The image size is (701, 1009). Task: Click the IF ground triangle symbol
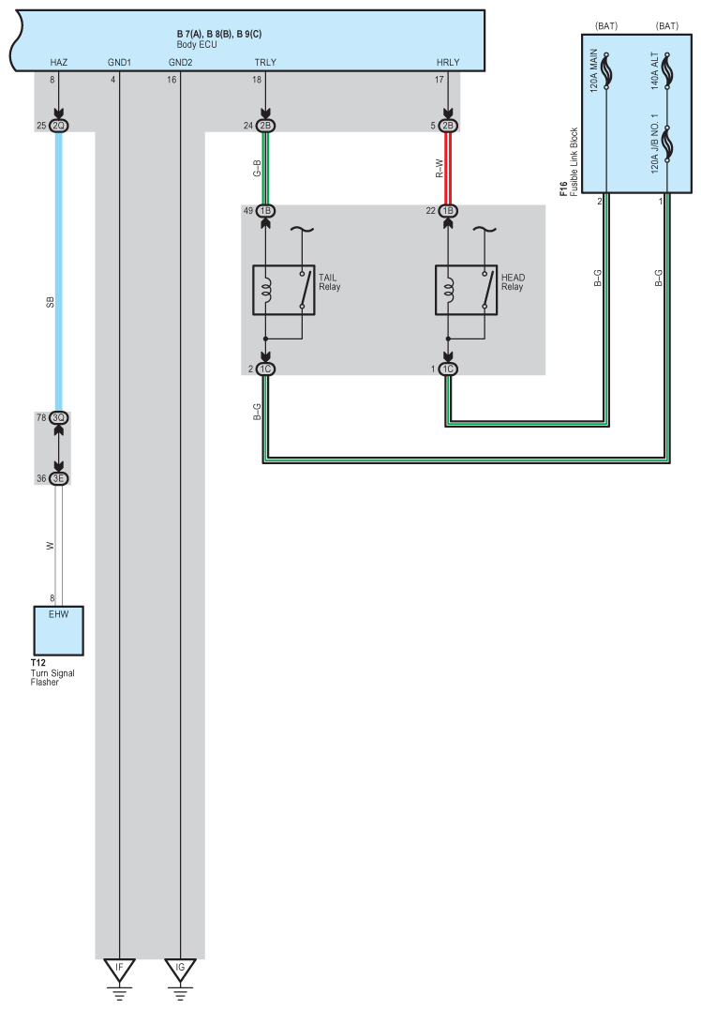[x=119, y=967]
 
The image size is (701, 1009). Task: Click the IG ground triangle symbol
[x=180, y=967]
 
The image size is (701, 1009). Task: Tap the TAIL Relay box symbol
[x=283, y=290]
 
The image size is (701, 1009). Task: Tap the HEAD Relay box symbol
[x=466, y=290]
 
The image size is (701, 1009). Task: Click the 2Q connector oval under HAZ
[x=58, y=126]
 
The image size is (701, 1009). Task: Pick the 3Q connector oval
[x=58, y=417]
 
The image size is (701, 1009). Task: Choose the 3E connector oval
[x=58, y=478]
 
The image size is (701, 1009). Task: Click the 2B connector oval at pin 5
[x=448, y=126]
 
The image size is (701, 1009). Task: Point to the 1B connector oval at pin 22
[x=448, y=211]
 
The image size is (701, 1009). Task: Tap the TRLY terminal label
[x=265, y=62]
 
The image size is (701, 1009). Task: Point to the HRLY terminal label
[x=448, y=62]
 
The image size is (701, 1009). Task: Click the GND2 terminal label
[x=180, y=62]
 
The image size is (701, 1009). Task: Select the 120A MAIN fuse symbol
[x=606, y=71]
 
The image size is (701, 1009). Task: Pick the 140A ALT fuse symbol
[x=666, y=69]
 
